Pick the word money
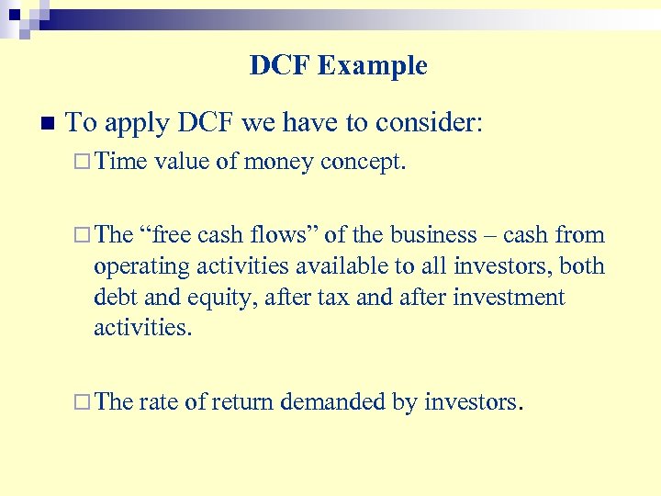279,163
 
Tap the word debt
114,298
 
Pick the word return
242,401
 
